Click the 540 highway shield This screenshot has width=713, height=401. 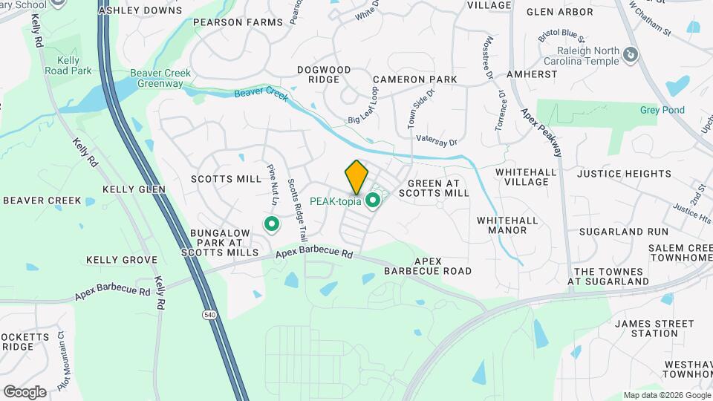pos(209,316)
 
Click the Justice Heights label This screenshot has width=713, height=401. pos(624,174)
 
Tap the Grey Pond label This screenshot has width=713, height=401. pos(662,111)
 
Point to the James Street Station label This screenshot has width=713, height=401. pos(654,328)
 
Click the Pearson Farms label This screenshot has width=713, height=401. pos(238,22)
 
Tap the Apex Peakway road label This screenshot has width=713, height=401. pos(541,131)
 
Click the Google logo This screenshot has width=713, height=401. pos(25,391)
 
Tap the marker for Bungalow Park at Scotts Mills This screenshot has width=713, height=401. pos(272,223)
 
